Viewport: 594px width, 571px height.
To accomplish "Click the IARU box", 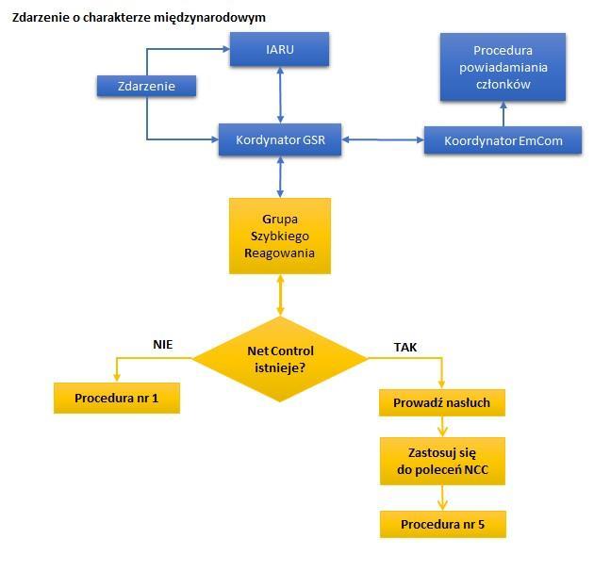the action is coord(280,49).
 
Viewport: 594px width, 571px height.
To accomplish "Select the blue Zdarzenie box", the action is coord(146,86).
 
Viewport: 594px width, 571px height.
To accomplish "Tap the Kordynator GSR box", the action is coord(280,139).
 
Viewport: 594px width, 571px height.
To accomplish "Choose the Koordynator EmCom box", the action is coord(503,140).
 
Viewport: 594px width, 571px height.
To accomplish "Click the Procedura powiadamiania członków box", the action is coord(503,67).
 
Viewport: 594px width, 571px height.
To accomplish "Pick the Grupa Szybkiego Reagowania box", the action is coord(280,236).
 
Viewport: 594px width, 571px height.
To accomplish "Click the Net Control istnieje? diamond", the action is coord(280,359).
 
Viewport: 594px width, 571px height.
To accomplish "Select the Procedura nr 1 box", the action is coord(117,398).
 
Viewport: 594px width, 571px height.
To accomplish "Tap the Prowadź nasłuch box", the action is coord(441,402).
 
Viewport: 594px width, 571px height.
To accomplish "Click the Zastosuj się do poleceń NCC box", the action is coord(442,461).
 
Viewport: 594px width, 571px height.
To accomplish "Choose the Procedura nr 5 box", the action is coord(443,525).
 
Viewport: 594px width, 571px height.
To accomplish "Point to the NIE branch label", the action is coord(163,344).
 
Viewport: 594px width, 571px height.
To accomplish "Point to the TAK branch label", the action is coord(405,348).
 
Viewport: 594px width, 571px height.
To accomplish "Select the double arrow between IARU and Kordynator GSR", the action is coord(280,95).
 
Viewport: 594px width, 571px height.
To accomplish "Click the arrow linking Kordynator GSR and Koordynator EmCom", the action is coord(383,139).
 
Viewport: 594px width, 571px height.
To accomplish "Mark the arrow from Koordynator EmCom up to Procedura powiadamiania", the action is coord(503,114).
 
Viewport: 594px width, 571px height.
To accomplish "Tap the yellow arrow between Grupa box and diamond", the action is coord(280,295).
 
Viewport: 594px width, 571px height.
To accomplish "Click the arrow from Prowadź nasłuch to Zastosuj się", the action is coord(442,427).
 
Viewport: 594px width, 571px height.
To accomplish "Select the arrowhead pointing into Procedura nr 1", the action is coord(117,378).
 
